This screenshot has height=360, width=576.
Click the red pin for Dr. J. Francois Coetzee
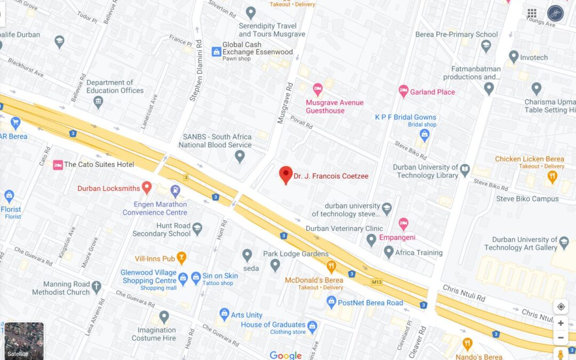(286, 174)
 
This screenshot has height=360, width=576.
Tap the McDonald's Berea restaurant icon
(331, 266)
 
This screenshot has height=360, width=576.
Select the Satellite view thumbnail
(24, 340)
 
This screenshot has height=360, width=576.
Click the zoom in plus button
(561, 323)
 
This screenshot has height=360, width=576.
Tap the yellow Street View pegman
(561, 354)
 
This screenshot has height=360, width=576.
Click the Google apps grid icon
(532, 13)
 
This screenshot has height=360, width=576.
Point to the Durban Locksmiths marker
(147, 188)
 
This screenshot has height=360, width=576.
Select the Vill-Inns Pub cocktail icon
(182, 258)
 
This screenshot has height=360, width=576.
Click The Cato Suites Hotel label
(99, 164)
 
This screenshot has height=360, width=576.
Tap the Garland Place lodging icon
(404, 92)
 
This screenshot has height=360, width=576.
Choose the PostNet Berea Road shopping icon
(331, 302)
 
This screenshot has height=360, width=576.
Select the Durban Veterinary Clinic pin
(372, 240)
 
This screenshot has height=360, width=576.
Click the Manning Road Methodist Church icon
(97, 287)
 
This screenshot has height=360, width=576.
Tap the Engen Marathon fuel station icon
(175, 190)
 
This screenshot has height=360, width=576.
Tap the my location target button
(561, 307)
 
